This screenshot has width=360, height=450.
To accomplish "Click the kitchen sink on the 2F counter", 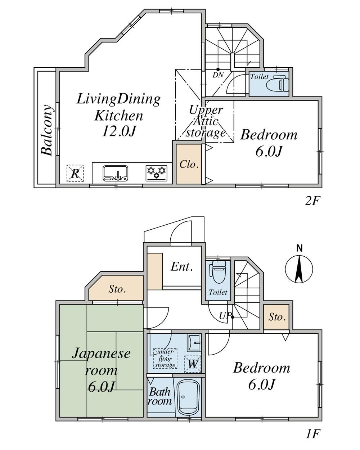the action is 115,173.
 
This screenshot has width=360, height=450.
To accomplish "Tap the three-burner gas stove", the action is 157,173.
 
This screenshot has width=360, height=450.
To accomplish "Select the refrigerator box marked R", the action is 75,173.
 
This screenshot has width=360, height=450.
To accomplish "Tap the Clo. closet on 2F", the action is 189,164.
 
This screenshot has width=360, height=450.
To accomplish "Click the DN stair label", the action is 218,75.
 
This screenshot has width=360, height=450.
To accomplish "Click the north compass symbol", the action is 299,269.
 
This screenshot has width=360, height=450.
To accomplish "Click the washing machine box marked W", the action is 193,364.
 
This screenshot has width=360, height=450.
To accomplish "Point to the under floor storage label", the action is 165,359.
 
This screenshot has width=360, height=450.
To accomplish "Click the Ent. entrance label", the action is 181,267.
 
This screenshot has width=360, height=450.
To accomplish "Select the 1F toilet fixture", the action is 219,272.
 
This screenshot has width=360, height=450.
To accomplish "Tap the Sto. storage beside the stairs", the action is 276,317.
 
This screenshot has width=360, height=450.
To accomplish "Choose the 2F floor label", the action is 312,201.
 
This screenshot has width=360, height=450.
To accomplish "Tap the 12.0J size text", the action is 119,132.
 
